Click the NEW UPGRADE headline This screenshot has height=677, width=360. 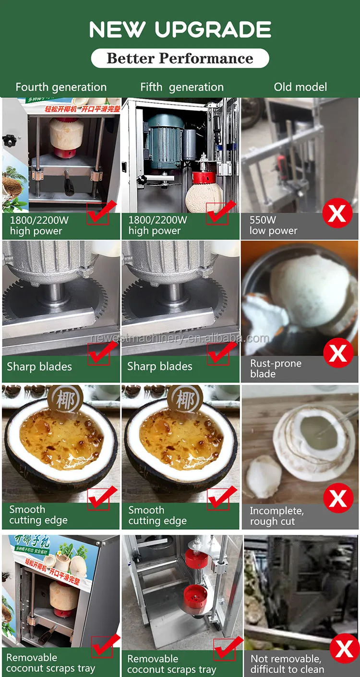[x=180, y=30]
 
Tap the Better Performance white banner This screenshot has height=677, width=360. [x=180, y=59]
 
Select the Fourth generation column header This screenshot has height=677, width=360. [x=61, y=87]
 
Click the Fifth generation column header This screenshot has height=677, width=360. [x=182, y=87]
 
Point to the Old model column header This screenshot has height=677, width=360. [x=300, y=87]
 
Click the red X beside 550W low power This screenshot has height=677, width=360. [x=337, y=213]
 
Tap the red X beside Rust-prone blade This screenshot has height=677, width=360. [x=338, y=354]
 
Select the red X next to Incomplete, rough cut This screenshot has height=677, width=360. [x=338, y=499]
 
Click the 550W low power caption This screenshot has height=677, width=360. [x=273, y=226]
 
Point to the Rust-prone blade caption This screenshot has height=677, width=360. [x=276, y=368]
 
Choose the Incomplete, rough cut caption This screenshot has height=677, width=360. [x=276, y=516]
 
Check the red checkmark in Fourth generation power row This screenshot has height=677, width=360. [x=99, y=213]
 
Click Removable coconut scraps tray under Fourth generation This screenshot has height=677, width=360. [x=50, y=663]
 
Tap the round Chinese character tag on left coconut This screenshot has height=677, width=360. [x=65, y=400]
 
